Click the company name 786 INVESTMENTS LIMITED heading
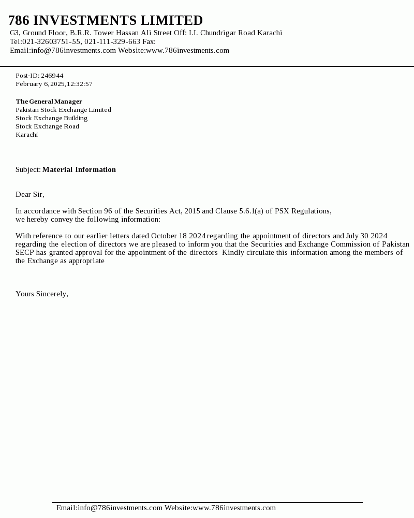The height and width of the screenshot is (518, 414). [106, 21]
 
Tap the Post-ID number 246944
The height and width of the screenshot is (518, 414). [52, 76]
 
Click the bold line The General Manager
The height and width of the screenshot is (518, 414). [49, 102]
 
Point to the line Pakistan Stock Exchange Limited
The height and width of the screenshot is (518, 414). [63, 110]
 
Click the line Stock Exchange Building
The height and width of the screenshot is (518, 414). [51, 118]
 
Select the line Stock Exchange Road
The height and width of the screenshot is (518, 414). [47, 126]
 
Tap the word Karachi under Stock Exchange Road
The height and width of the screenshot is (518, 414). [26, 135]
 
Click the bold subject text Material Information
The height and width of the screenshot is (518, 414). [79, 169]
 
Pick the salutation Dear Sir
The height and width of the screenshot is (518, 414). [29, 194]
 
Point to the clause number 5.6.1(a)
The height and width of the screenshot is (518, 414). [251, 211]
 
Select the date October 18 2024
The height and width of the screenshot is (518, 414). [179, 236]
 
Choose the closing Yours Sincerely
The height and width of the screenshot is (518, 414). [41, 294]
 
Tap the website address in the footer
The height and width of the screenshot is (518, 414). [234, 508]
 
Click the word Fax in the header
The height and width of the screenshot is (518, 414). [148, 41]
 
